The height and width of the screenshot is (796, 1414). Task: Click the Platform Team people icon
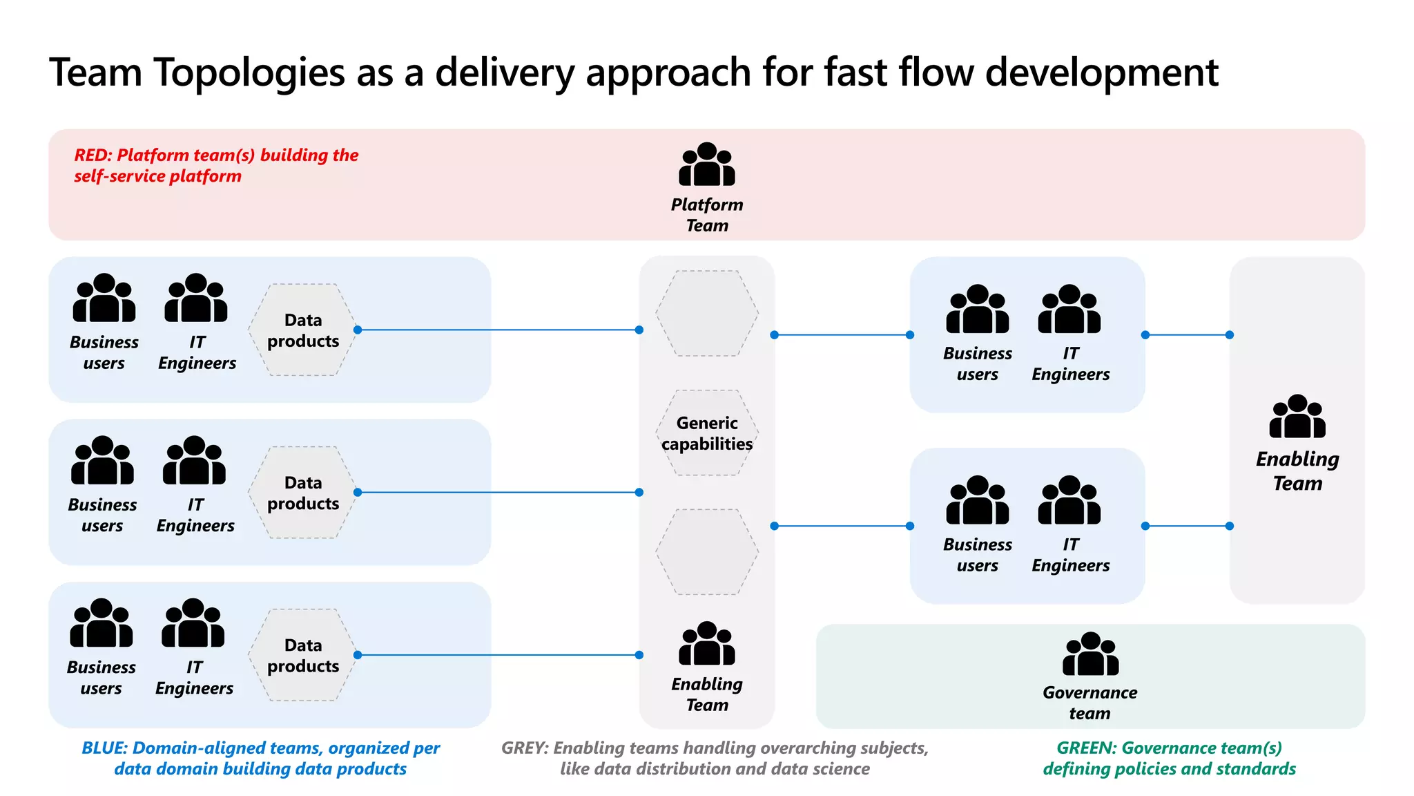pyautogui.click(x=707, y=165)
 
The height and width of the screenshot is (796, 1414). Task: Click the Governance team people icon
pyautogui.click(x=1090, y=654)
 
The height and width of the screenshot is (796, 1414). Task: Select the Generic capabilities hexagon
pyautogui.click(x=707, y=433)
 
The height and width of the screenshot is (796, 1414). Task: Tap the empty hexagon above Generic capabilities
pyautogui.click(x=707, y=314)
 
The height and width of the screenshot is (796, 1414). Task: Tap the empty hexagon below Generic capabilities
pyautogui.click(x=707, y=552)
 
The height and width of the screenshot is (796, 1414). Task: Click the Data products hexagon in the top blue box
pyautogui.click(x=303, y=330)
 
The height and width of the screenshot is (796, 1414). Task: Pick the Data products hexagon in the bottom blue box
pyautogui.click(x=303, y=655)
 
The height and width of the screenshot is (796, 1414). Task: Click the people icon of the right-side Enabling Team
pyautogui.click(x=1297, y=417)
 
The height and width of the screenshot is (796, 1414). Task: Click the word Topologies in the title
pyautogui.click(x=249, y=73)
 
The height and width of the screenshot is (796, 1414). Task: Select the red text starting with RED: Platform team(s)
pyautogui.click(x=216, y=166)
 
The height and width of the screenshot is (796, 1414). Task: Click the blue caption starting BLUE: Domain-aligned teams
pyautogui.click(x=260, y=758)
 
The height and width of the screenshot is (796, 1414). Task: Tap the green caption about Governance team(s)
pyautogui.click(x=1169, y=758)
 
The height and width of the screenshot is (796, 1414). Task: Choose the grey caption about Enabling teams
pyautogui.click(x=715, y=758)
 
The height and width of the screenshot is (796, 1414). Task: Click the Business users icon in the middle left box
pyautogui.click(x=102, y=461)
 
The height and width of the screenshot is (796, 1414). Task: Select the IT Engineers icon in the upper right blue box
pyautogui.click(x=1069, y=310)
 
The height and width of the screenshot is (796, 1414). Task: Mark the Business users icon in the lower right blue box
pyautogui.click(x=978, y=500)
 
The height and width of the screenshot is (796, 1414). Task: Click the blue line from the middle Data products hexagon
pyautogui.click(x=497, y=493)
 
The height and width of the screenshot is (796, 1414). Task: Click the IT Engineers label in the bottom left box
pyautogui.click(x=194, y=678)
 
